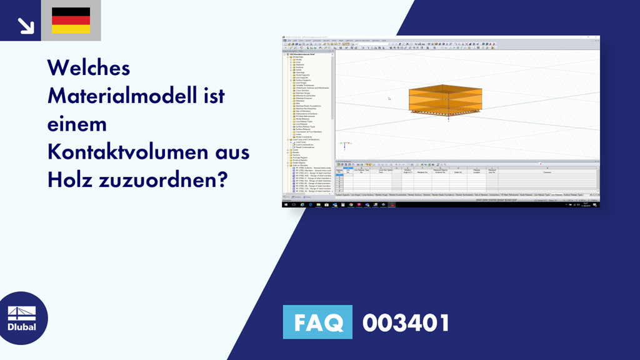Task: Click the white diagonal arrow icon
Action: (25, 24)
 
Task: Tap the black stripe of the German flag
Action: (71, 12)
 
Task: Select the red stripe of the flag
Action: (71, 21)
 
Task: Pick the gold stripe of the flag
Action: (71, 29)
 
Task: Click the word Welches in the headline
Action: (89, 68)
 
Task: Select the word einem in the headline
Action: (77, 124)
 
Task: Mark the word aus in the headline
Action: (234, 152)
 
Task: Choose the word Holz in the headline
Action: (69, 181)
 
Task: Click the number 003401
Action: (406, 322)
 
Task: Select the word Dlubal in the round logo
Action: (22, 327)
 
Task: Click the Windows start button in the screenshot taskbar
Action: (286, 204)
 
